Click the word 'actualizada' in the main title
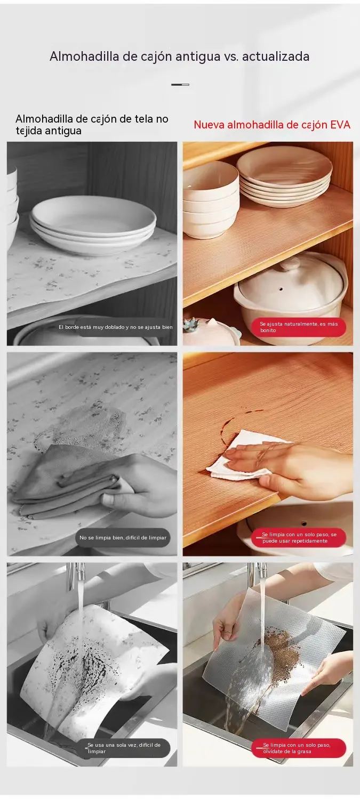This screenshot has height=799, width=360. pos(275,57)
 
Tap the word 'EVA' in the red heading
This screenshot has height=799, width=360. pos(340,125)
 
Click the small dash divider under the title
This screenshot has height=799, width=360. pos(180,85)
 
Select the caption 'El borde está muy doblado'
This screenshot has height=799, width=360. pos(91,327)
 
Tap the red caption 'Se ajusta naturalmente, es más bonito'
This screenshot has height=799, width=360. pos(299,327)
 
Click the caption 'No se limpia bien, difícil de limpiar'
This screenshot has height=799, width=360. pos(123,537)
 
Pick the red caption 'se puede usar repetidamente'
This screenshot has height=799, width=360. pos(299,537)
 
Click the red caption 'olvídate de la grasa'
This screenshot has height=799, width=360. pos(287,751)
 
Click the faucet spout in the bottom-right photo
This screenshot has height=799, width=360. pos(259,572)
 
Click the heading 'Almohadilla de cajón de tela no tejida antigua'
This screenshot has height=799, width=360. pos(92,125)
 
